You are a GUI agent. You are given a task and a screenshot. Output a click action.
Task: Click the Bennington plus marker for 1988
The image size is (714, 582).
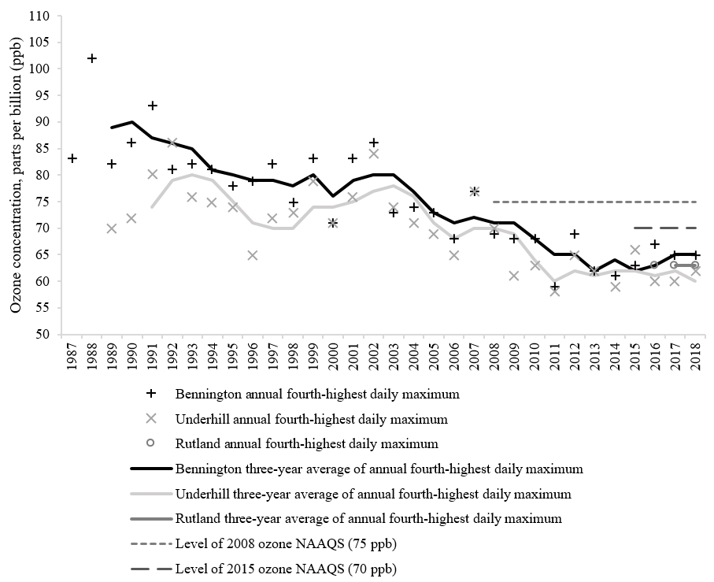click(92, 58)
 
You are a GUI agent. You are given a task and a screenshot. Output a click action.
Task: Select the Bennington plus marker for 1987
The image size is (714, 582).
click(72, 158)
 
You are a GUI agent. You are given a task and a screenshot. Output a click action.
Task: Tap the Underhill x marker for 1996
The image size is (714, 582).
click(253, 255)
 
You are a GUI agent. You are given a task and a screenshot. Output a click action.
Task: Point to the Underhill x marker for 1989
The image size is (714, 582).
click(112, 228)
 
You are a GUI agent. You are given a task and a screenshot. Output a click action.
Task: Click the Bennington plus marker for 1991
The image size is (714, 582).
click(153, 106)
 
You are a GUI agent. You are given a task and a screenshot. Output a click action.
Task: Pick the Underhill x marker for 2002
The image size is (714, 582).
click(374, 154)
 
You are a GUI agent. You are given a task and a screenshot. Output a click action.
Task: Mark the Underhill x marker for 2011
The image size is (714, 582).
click(555, 291)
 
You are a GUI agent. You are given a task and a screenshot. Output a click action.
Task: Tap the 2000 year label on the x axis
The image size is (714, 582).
click(333, 358)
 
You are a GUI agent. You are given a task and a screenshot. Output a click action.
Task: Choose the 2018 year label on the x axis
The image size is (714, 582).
click(695, 358)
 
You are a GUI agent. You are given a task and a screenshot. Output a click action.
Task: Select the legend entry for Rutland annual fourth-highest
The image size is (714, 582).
click(307, 443)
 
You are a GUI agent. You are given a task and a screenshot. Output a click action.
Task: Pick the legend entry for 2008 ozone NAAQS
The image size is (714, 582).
click(286, 543)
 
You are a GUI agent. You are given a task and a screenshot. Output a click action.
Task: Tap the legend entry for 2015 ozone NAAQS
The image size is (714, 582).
click(286, 569)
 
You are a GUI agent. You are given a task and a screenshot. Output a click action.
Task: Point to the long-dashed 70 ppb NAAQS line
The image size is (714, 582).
click(665, 228)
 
